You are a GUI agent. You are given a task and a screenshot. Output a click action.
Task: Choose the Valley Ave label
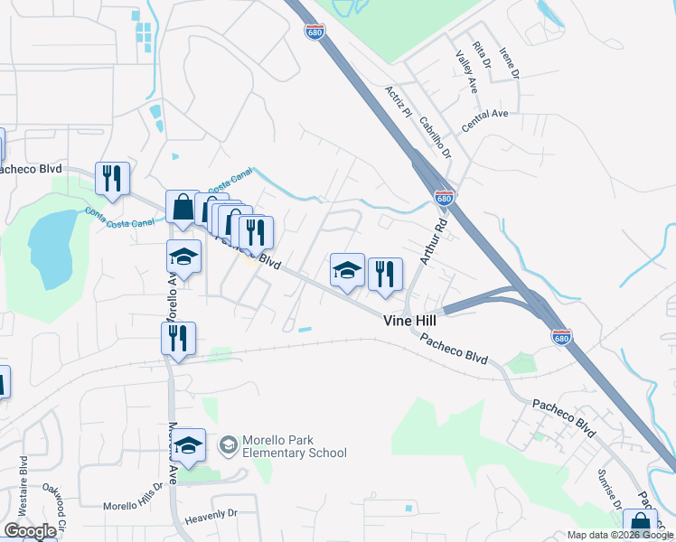click(x=466, y=71)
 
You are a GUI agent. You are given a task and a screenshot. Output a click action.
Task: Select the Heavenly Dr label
click(x=210, y=513)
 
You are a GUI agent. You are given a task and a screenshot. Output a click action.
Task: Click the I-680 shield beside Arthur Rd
click(x=443, y=197)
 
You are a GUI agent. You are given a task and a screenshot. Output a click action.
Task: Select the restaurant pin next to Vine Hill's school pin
click(x=385, y=274)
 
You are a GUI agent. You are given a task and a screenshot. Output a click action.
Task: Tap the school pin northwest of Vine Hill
click(x=347, y=270)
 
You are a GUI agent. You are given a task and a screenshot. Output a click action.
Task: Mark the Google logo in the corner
click(x=30, y=531)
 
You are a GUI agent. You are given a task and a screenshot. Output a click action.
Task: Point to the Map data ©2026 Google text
click(x=619, y=535)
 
